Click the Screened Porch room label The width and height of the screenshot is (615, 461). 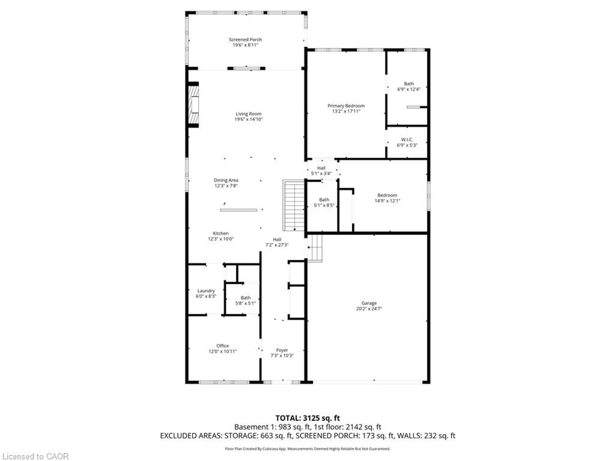click(245, 40)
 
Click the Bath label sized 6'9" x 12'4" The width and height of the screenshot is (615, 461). click(409, 84)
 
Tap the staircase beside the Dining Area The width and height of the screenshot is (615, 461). click(294, 206)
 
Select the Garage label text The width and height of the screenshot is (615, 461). click(369, 303)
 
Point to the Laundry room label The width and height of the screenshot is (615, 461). click(206, 291)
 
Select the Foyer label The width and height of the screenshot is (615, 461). click(282, 350)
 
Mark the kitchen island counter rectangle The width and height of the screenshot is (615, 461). click(238, 210)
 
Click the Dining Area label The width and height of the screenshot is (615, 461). click(226, 180)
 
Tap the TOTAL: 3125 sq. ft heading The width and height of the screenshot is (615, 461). click(307, 418)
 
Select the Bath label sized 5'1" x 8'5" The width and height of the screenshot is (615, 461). click(324, 200)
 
